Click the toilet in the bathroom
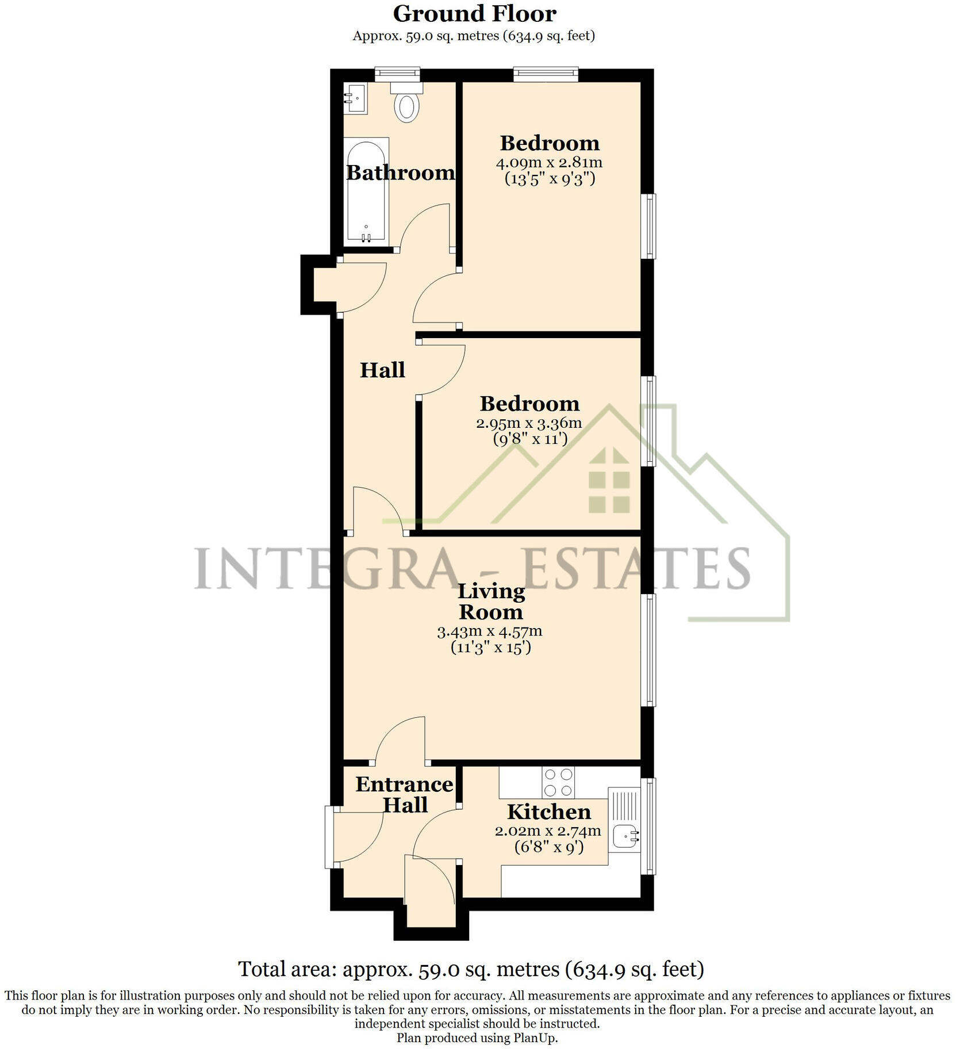click(407, 104)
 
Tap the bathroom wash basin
click(355, 98)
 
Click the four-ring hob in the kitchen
click(558, 782)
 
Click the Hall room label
click(382, 370)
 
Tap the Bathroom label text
click(400, 173)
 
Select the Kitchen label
click(548, 811)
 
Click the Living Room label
click(490, 601)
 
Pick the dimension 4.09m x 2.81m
click(549, 162)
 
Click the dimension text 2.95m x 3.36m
click(529, 423)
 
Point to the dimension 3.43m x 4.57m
click(489, 631)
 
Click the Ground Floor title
click(474, 13)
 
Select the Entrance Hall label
click(404, 794)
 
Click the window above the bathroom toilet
click(397, 74)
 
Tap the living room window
click(648, 650)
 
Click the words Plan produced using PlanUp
click(477, 1037)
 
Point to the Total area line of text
click(471, 969)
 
